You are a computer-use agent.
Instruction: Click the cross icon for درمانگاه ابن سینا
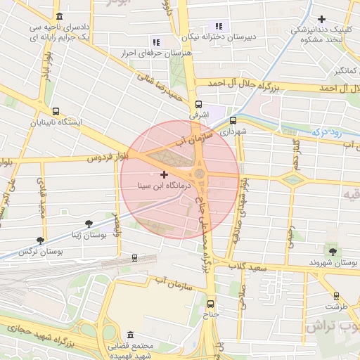tap(165, 174)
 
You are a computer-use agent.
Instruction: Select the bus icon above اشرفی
tap(198, 103)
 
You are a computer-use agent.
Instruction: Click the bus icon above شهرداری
tap(233, 120)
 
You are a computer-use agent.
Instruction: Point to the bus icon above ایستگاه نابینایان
tap(56, 110)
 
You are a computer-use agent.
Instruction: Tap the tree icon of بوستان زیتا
tap(88, 224)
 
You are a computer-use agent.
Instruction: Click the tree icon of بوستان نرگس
tap(39, 240)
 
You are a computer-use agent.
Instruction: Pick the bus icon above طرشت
tap(336, 296)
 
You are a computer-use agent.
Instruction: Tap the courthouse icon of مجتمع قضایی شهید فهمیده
tap(129, 335)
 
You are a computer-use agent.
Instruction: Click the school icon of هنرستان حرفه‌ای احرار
tap(155, 43)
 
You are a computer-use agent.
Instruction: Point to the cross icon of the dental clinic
tap(321, 19)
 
